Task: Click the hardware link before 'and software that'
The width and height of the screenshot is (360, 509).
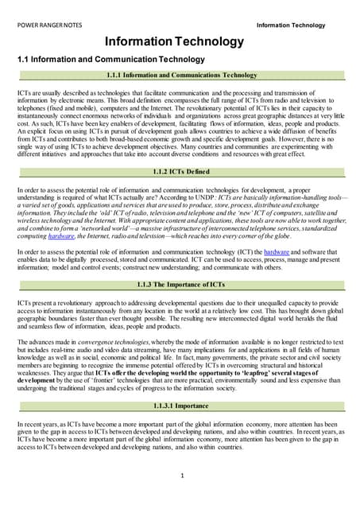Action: pyautogui.click(x=277, y=251)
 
